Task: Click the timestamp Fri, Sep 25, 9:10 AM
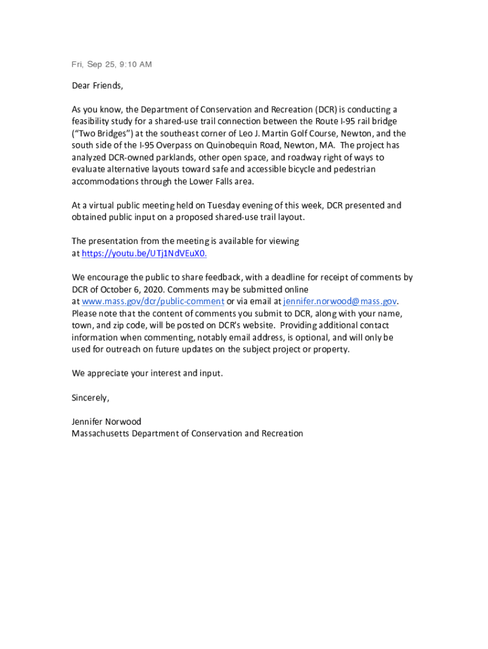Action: point(112,65)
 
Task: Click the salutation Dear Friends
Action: point(97,86)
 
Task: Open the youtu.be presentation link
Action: point(144,253)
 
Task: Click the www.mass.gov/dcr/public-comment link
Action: point(153,301)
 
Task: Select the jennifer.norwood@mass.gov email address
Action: point(340,301)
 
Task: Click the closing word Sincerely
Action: point(90,398)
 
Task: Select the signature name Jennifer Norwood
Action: point(106,421)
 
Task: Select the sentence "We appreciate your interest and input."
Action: point(147,373)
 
